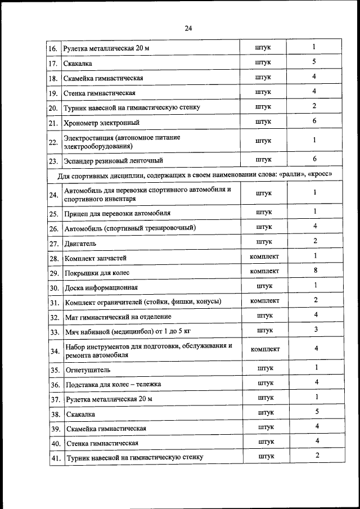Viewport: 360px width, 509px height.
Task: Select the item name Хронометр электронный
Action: click(102, 122)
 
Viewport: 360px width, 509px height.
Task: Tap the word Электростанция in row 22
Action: click(92, 137)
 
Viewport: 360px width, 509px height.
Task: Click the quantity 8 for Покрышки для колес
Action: click(316, 271)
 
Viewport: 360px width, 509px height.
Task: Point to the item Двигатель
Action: click(81, 243)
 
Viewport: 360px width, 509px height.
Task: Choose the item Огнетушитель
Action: click(87, 370)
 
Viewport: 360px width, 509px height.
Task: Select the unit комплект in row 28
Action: click(264, 256)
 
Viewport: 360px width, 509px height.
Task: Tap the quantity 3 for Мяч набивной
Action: click(316, 329)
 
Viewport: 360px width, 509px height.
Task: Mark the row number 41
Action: click(55, 458)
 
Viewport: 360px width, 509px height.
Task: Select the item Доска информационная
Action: click(101, 287)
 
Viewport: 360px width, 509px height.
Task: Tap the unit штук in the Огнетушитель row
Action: click(265, 368)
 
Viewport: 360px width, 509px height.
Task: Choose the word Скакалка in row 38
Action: click(80, 415)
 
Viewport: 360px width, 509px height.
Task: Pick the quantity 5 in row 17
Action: click(314, 61)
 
